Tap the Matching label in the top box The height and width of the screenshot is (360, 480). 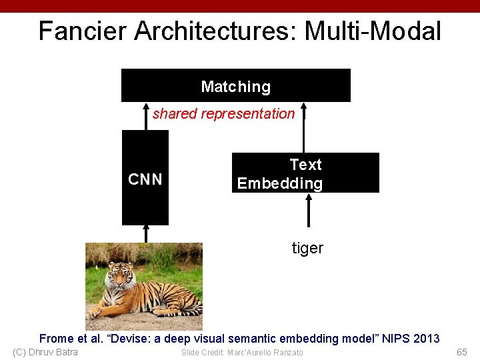pos(235,87)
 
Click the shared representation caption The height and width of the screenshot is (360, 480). pos(223,114)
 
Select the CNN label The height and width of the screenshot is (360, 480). pos(145,179)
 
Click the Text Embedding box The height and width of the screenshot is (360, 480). pos(305,173)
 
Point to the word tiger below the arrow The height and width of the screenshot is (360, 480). pos(307,249)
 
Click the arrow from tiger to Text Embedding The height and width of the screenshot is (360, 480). pos(308,213)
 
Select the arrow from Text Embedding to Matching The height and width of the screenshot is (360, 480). pos(304,127)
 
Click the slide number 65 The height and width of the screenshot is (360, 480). pos(462,352)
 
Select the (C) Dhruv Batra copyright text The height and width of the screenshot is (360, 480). pos(45,352)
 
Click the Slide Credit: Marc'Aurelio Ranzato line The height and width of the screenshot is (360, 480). pos(242,352)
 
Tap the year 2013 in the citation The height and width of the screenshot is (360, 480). pos(427,339)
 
